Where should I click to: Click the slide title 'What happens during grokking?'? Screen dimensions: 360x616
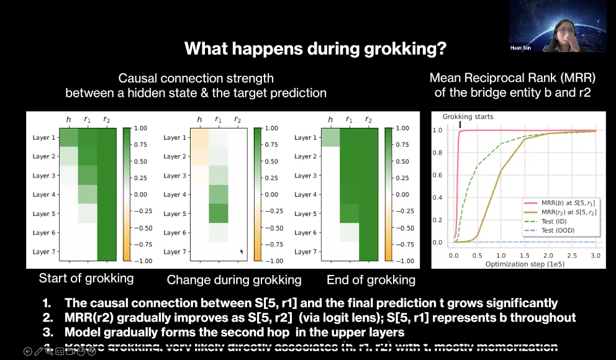coord(316,48)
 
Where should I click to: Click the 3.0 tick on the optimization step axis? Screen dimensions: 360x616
coord(596,255)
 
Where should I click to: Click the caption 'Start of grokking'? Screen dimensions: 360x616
coord(86,278)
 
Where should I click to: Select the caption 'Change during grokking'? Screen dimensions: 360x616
coord(234,280)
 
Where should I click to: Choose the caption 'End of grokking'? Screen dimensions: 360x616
coord(371,280)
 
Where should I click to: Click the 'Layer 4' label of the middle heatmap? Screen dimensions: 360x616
coord(176,194)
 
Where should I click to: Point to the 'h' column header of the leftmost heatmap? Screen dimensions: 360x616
coord(69,120)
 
